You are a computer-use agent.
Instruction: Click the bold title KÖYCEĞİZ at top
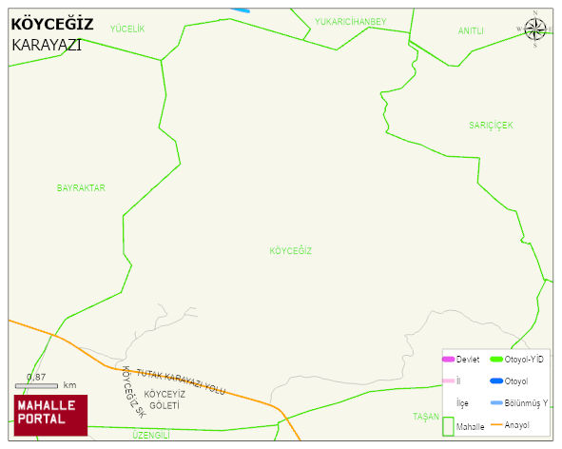pos(51,25)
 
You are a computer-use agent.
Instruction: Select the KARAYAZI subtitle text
pos(47,44)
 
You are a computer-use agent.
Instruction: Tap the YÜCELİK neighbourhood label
pos(127,29)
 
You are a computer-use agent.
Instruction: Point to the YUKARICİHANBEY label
pos(350,21)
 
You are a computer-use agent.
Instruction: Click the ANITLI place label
pos(471,30)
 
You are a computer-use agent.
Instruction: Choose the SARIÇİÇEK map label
pos(491,126)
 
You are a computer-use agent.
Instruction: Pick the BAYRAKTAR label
pos(81,188)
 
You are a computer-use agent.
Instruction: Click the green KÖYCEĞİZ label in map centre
pos(291,251)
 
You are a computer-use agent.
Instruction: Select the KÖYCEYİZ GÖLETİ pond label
pos(162,400)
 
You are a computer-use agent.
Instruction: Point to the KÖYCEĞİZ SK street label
pos(132,392)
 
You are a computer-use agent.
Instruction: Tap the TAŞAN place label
pos(425,417)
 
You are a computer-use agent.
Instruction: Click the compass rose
pos(535,29)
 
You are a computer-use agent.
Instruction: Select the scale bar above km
pos(37,385)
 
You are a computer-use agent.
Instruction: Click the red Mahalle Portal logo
pos(49,415)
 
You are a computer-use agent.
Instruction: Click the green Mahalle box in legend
pos(448,426)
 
